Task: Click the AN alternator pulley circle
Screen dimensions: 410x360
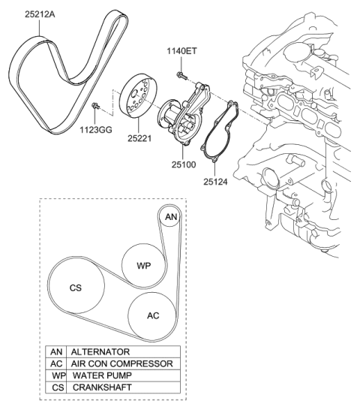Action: tap(170, 217)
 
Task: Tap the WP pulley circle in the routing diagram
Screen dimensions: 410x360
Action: tap(143, 266)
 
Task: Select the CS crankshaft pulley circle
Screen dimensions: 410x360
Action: tap(75, 287)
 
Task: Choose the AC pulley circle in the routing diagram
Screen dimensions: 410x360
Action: tap(153, 315)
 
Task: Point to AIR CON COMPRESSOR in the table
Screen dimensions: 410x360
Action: tap(121, 363)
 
